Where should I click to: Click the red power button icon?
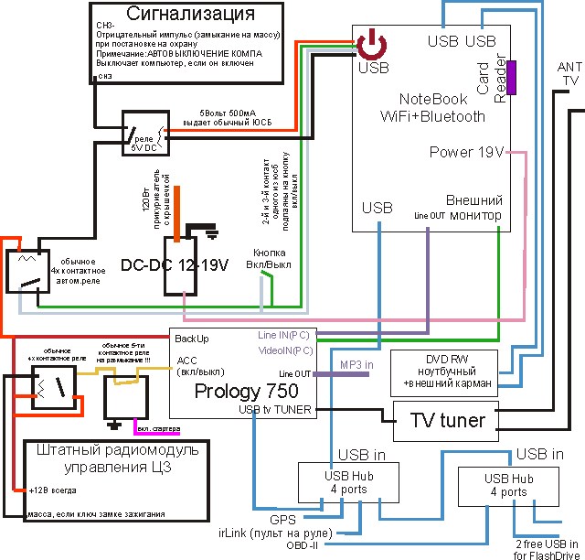point(373,45)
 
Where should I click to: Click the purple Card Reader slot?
point(513,77)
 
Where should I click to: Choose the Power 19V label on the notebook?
point(466,152)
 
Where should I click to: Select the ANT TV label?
point(569,74)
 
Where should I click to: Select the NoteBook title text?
point(432,99)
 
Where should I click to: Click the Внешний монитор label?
point(473,207)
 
